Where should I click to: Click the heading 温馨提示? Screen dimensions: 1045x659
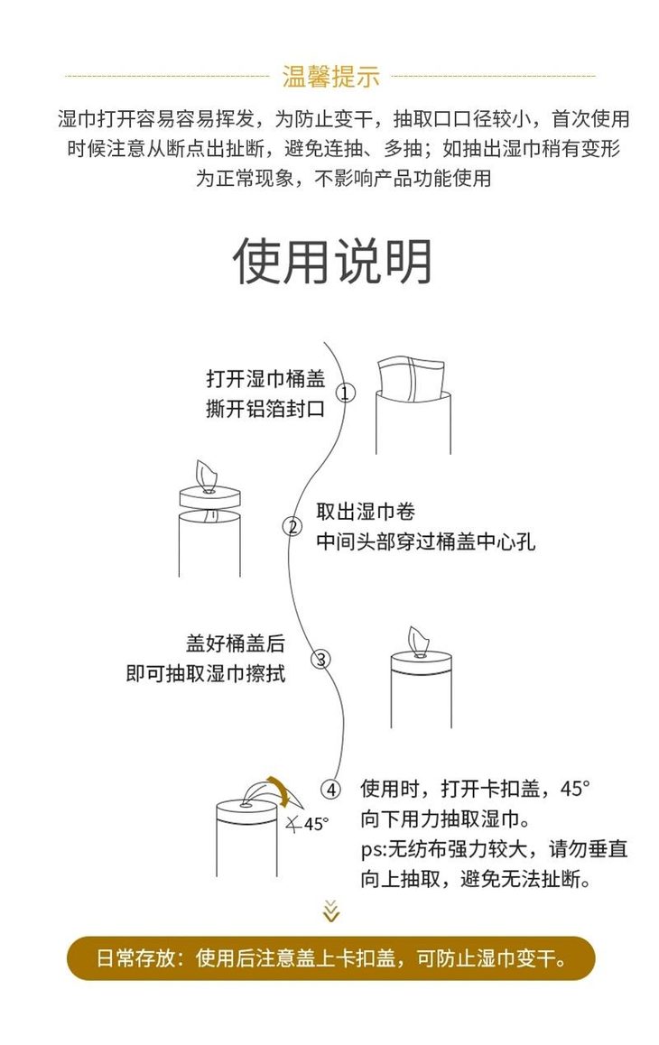coord(331,77)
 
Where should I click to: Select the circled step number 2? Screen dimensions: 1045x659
coord(292,527)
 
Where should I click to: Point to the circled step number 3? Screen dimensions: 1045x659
coord(320,659)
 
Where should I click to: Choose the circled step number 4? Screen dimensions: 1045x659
coord(332,790)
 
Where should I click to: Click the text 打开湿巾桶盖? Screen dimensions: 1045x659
coord(265,378)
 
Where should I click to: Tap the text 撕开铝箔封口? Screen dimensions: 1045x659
coord(265,409)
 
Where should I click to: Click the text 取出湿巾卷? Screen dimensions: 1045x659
coord(366,512)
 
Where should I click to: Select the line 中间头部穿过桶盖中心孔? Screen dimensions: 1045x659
coord(425,542)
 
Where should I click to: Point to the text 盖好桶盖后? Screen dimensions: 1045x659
coord(235,643)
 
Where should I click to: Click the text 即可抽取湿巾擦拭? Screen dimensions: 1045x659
coord(206,674)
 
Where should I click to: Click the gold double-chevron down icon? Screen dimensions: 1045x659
coord(331,911)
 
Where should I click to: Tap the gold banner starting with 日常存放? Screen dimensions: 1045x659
coord(331,958)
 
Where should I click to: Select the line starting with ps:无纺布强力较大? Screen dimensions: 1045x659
coord(494,849)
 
